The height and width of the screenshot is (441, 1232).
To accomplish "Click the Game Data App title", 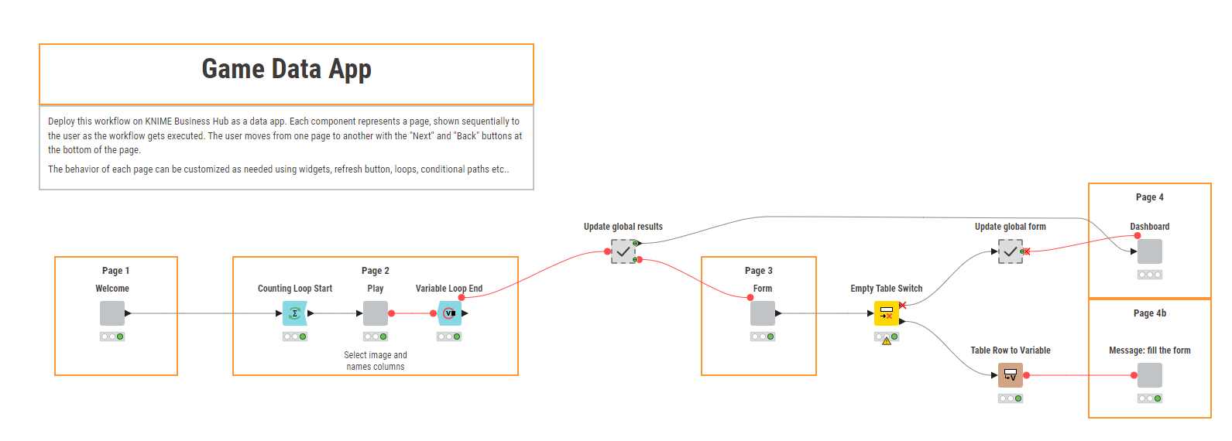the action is tap(287, 70).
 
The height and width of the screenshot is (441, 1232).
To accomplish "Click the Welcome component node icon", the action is tap(112, 313).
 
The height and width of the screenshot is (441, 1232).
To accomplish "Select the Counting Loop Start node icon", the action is tap(295, 313).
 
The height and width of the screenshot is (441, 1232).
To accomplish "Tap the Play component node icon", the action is tap(376, 313).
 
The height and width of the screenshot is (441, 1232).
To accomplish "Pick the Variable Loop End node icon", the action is tap(449, 313).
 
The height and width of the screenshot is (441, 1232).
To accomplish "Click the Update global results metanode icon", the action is tap(623, 251).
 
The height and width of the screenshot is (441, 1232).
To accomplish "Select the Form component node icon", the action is tap(763, 313).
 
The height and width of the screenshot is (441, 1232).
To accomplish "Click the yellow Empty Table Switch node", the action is tap(887, 313).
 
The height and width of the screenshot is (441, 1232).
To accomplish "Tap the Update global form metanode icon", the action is tap(1011, 251).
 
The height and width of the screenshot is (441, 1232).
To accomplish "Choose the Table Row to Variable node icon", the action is tap(1011, 375).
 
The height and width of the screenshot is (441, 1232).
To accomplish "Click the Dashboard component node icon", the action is tap(1150, 251).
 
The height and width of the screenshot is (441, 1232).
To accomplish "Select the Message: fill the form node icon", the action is tap(1150, 375).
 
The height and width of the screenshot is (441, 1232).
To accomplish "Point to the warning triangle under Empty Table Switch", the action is tap(887, 342).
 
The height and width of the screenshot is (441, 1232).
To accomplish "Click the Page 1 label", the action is tap(115, 271).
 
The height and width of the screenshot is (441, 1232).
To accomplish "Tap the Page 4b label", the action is tap(1150, 313).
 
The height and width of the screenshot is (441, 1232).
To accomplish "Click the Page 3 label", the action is tap(758, 271).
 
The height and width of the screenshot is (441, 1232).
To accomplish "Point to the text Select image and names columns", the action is tap(376, 361).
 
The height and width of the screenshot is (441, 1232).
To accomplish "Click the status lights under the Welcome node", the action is tap(112, 337).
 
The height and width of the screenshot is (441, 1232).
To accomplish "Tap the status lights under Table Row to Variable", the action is tap(1011, 398).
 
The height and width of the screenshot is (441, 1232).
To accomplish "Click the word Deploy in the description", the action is tap(60, 122).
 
